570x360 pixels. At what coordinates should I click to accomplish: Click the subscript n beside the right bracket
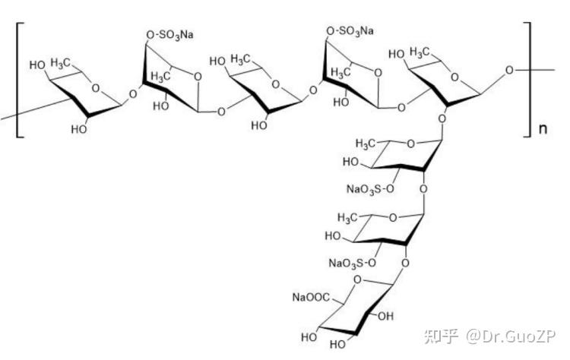tap(543, 128)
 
